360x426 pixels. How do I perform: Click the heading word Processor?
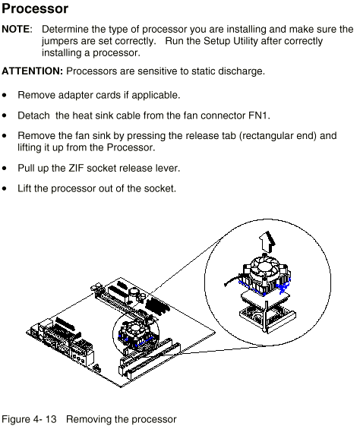[x=35, y=9]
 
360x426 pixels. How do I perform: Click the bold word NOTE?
[x=16, y=30]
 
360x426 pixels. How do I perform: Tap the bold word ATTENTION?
[x=32, y=71]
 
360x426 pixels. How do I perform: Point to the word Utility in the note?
[x=245, y=41]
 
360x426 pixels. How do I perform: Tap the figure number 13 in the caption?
[x=51, y=419]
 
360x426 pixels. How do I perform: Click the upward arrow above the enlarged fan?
[x=267, y=241]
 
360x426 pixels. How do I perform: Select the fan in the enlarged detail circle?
[x=264, y=267]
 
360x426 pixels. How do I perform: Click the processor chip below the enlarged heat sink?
[x=265, y=298]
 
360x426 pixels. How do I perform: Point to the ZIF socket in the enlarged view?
[x=267, y=317]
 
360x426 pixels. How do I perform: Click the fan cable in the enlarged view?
[x=232, y=281]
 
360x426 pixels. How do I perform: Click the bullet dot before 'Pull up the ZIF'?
[x=4, y=169]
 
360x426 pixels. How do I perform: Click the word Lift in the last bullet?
[x=24, y=188]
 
